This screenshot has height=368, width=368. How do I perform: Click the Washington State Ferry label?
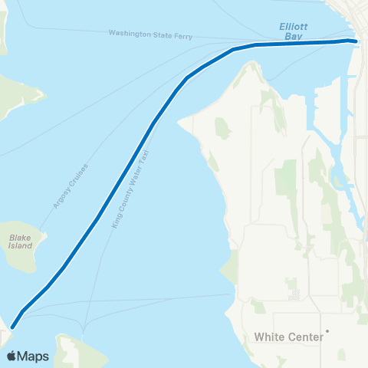click(x=150, y=34)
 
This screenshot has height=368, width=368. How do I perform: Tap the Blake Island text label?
click(x=21, y=242)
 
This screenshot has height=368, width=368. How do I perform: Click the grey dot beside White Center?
click(x=327, y=332)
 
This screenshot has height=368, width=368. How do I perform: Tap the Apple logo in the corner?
click(x=12, y=356)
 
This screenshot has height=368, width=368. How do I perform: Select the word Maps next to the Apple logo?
click(x=34, y=356)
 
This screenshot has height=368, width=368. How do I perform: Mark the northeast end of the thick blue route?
click(x=355, y=41)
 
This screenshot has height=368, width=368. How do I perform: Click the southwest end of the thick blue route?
click(x=12, y=327)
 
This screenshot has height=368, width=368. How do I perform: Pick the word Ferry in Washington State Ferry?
click(x=182, y=35)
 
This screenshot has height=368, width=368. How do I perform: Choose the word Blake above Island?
click(x=20, y=238)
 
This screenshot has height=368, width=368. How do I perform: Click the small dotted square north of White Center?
click(x=295, y=295)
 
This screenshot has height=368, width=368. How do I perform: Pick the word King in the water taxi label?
click(x=116, y=220)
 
